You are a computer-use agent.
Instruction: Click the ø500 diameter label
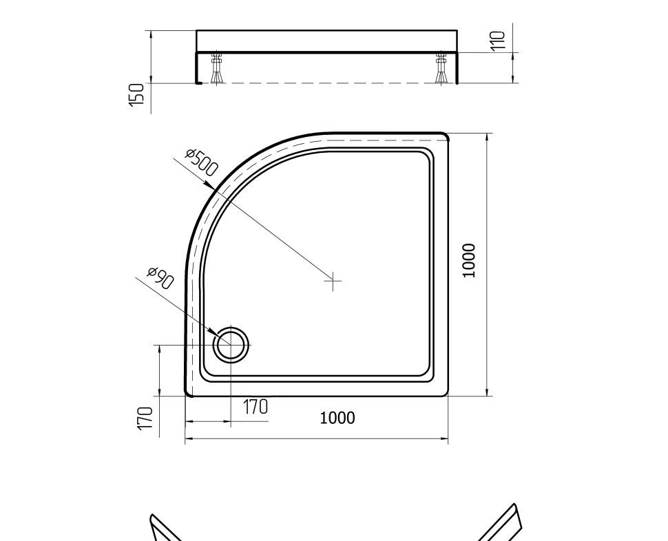(202, 162)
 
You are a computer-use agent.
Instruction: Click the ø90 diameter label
(161, 278)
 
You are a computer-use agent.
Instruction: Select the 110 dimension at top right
(498, 40)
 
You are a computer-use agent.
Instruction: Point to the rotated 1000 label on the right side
(469, 260)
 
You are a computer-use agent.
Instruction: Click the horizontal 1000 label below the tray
(337, 418)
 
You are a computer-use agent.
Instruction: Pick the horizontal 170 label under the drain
(255, 407)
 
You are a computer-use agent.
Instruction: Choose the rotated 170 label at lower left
(145, 418)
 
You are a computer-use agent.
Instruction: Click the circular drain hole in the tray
(231, 345)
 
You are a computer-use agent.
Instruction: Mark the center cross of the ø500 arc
(333, 281)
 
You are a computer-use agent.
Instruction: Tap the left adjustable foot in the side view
(216, 68)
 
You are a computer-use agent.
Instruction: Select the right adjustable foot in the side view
(441, 68)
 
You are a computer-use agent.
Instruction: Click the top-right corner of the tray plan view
(446, 136)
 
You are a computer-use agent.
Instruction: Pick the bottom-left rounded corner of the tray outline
(188, 393)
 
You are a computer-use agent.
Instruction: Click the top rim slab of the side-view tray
(326, 41)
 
